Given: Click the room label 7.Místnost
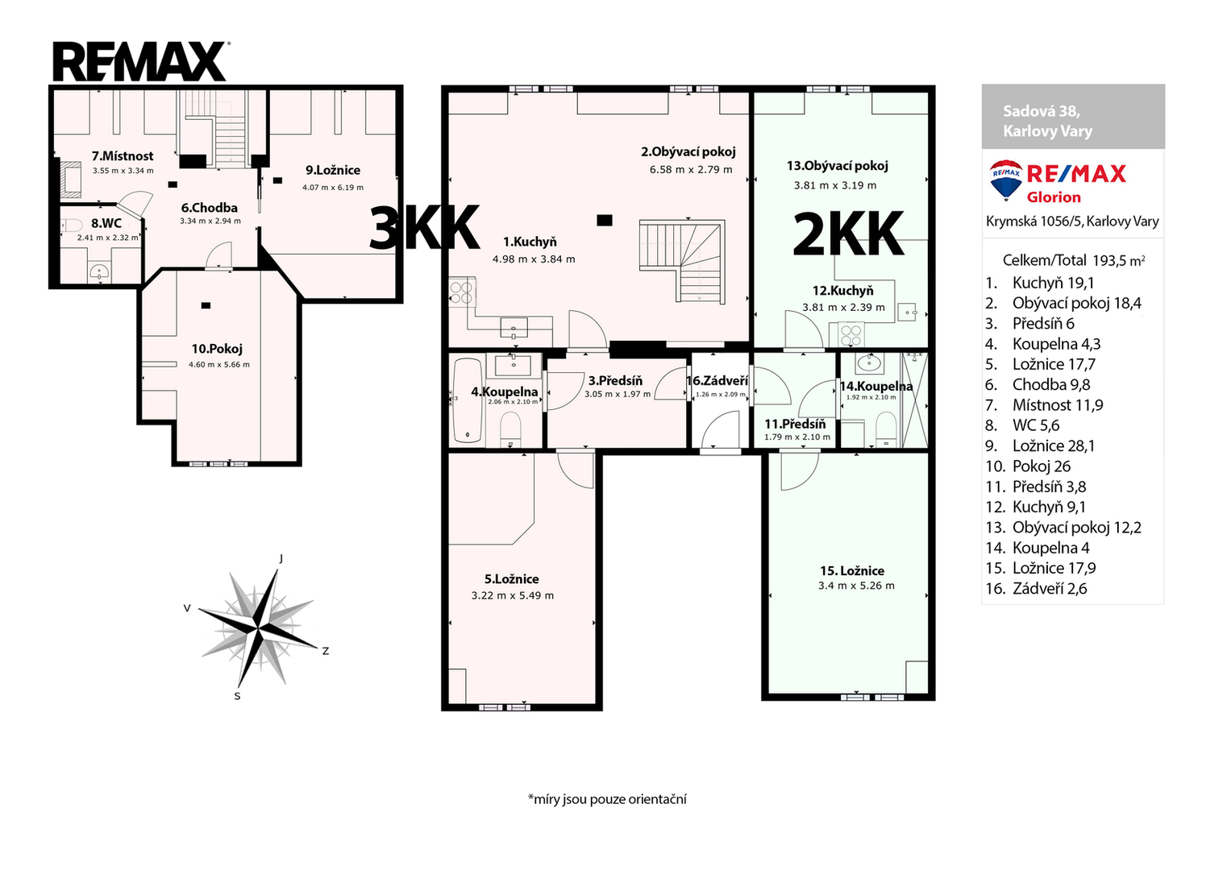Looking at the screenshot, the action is (123, 156).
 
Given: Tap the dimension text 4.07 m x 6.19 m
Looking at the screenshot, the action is (332, 187).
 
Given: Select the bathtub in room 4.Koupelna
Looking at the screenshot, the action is (468, 400).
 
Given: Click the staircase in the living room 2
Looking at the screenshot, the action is (681, 262).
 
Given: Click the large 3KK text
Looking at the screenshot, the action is (424, 228).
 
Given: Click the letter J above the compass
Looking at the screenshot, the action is (281, 558).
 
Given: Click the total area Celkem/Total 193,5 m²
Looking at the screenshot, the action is (1073, 260).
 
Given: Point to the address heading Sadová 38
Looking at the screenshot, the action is (1042, 111).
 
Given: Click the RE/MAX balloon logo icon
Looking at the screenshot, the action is (1006, 180).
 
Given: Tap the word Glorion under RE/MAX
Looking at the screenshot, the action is (1054, 197).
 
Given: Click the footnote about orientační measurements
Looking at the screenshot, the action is (607, 799).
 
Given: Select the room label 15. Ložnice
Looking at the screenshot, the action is (852, 571).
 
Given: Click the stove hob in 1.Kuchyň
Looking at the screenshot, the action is (461, 292).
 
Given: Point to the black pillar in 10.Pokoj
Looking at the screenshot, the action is (206, 305).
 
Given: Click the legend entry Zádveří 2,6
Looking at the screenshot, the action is (1036, 589).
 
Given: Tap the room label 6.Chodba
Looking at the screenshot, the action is (210, 208).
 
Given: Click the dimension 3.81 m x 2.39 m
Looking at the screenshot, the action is (843, 308).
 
